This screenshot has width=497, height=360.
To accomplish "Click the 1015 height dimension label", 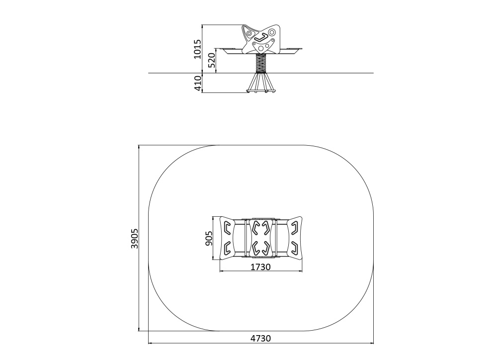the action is pos(197,49).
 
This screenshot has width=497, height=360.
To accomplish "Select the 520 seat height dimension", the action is pos(211,61).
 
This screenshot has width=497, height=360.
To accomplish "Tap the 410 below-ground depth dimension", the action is pos(197,84).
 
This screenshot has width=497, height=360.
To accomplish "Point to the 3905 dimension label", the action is pos(134,238).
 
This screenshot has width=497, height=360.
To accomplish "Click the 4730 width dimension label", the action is pos(261,339).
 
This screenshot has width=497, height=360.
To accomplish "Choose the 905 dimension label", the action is pos(209,238).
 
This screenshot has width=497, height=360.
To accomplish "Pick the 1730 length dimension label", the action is pos(260,267).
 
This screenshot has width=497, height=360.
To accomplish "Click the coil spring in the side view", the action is pos(261,64).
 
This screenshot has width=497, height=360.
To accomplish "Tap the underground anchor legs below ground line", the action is pos(261,84).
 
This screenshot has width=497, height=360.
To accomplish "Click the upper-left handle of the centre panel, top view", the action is pos(255,227).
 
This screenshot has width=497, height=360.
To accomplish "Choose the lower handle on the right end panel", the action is pos(294,248).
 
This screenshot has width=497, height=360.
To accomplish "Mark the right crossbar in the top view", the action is pos(276,238).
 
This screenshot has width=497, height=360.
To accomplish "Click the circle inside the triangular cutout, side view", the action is pos(249,33).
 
